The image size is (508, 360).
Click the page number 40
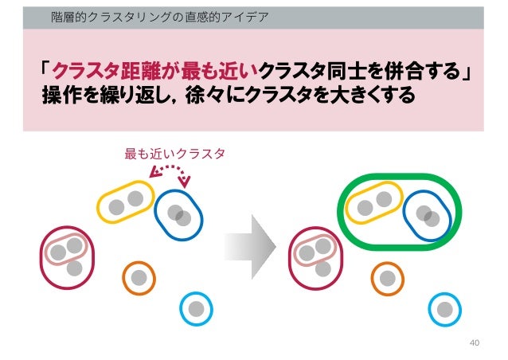[475, 343]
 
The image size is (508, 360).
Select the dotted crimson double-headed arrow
[170, 170]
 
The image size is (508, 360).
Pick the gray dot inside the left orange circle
[139, 278]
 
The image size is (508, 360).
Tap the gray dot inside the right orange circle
[388, 278]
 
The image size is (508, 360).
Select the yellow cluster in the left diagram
[126, 202]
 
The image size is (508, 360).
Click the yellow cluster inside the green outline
[375, 203]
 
